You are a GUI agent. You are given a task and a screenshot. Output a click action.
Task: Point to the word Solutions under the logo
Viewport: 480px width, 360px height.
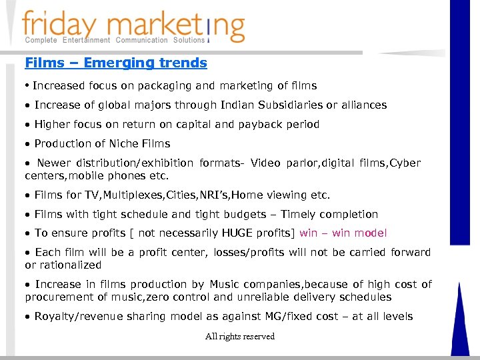(x=189, y=40)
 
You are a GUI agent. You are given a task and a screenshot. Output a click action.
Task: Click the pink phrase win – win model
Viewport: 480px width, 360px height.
(x=343, y=233)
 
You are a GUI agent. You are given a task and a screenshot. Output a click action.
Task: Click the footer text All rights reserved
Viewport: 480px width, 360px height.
(x=240, y=337)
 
